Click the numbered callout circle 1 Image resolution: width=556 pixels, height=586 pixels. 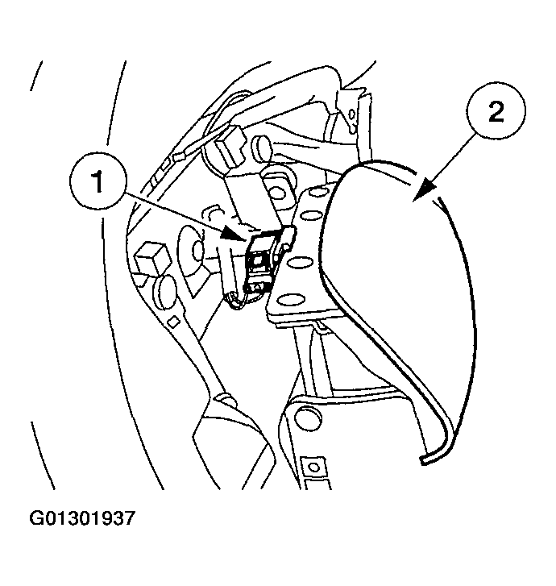[x=98, y=182]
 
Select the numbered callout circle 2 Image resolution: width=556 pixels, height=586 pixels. [x=496, y=111]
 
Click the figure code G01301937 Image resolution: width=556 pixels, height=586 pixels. [x=82, y=518]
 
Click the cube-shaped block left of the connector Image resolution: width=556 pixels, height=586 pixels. [x=152, y=260]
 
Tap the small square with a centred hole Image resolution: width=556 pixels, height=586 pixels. [x=314, y=468]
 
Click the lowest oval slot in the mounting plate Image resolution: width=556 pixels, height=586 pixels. [x=288, y=299]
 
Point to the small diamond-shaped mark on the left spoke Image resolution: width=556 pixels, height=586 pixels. [x=172, y=321]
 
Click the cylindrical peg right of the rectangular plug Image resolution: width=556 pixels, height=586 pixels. [x=263, y=148]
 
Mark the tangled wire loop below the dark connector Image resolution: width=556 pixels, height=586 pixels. [x=242, y=299]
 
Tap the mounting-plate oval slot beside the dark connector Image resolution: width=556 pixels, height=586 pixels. [x=301, y=261]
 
